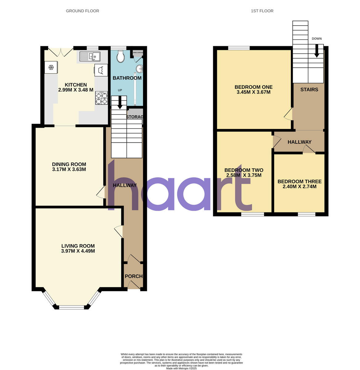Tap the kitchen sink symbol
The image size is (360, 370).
[90, 56]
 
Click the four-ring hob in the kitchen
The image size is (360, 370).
[101, 98]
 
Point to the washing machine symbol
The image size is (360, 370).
[101, 70]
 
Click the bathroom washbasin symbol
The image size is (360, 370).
[139, 68]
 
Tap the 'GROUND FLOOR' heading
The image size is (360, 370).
[82, 11]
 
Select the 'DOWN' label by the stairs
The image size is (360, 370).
[317, 39]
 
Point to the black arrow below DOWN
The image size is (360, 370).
[317, 51]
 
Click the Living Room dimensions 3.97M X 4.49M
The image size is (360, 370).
[78, 251]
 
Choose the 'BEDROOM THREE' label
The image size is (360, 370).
[299, 182]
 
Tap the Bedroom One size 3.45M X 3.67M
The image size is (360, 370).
[253, 92]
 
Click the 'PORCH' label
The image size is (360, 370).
[134, 276]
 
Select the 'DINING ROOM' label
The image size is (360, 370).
[69, 164]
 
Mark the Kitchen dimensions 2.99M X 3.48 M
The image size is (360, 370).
[76, 90]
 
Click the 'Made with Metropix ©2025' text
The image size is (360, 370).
[181, 368]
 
